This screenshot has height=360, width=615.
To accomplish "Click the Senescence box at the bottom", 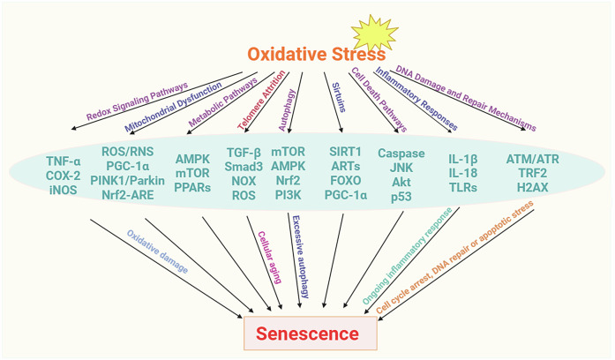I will click(x=310, y=334).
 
